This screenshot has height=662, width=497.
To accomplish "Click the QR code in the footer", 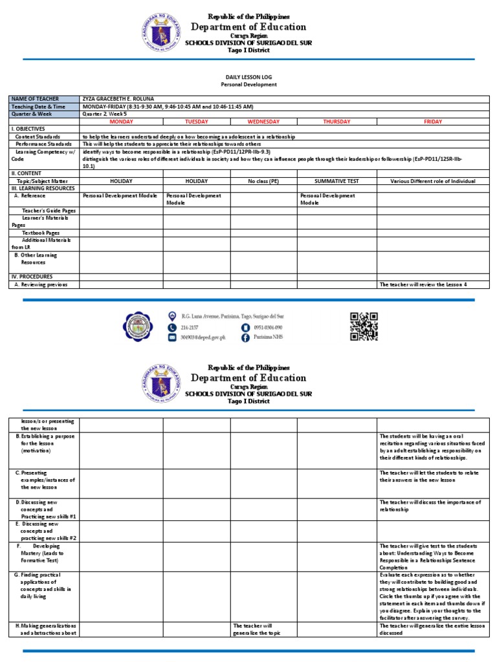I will point(364,326).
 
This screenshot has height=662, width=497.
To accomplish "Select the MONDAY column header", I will point(121,122).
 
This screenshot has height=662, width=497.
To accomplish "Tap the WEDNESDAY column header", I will point(263,122).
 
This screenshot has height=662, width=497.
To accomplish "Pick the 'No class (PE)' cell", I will point(263,182).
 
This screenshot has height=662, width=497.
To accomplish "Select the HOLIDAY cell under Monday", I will point(121,182).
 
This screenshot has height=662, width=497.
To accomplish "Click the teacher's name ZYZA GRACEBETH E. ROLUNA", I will point(118,98).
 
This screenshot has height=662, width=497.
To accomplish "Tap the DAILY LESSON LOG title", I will point(248,76).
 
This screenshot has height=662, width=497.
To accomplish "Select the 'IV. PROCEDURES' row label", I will point(32,277).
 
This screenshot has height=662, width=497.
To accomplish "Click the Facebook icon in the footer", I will point(245,337).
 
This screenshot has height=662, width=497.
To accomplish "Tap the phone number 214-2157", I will point(190,327).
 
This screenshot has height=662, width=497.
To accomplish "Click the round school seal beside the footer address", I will point(139,326).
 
